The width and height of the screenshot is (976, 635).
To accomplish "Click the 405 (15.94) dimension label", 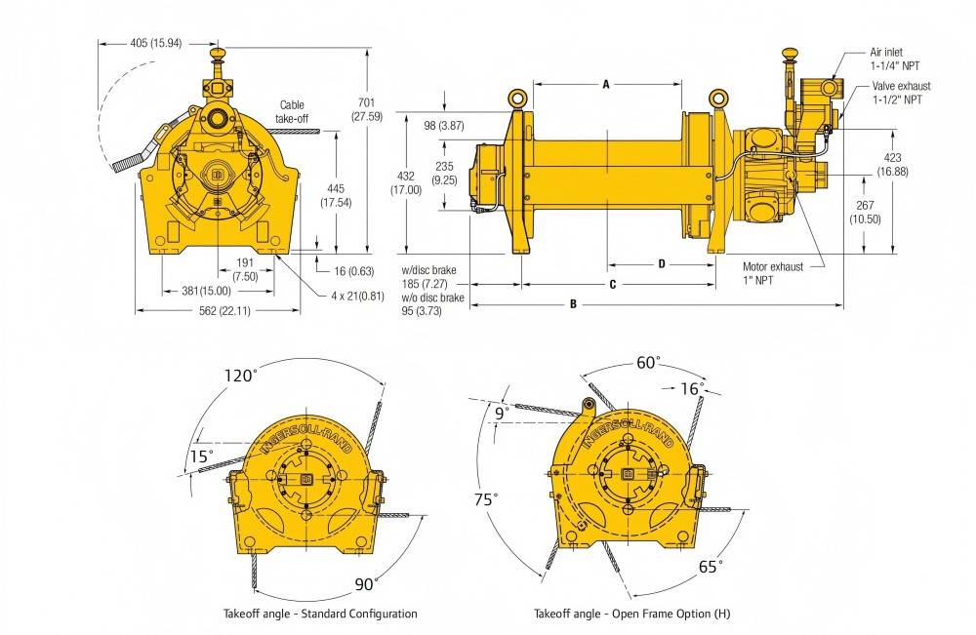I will (x=155, y=43).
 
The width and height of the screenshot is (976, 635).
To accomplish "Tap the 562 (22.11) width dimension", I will (x=219, y=311).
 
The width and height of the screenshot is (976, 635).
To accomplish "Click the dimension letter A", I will (x=605, y=85).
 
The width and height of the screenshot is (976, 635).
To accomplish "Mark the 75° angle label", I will (x=482, y=497).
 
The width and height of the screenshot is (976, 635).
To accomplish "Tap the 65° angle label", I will (x=710, y=565).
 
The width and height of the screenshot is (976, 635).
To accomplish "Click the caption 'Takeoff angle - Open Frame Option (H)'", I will (x=631, y=615).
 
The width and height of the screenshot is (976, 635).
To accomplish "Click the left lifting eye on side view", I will (x=516, y=98).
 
